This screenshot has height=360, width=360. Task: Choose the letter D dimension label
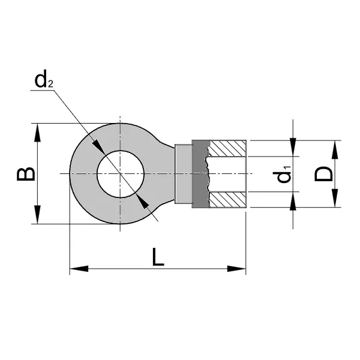click(x=324, y=175)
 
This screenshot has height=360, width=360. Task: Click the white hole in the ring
click(x=120, y=174)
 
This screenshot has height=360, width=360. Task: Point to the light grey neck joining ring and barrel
click(x=182, y=174)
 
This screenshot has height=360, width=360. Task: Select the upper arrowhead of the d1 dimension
click(x=293, y=148)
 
